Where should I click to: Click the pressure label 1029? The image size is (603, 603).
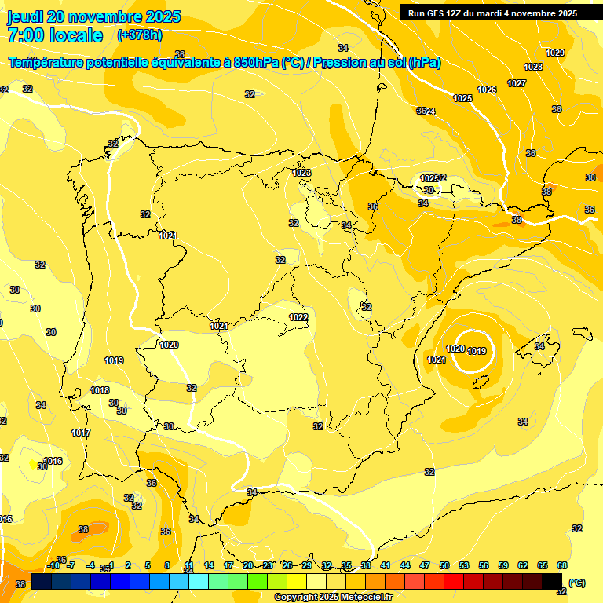point(555,53)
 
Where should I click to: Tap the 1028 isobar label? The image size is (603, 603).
point(533,67)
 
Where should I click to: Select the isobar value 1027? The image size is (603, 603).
point(517,83)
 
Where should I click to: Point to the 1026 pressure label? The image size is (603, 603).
point(487,90)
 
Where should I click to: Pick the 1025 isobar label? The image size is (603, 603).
point(462,98)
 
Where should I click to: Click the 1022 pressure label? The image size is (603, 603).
point(298,317)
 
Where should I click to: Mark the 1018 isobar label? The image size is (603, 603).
point(100,390)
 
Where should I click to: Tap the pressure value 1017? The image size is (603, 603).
point(81,433)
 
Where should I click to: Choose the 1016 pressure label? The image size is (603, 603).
point(53,461)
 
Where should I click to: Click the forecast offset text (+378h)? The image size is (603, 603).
point(140,35)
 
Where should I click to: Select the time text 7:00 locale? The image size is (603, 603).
point(55,35)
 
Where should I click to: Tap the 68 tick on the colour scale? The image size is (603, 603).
point(562,565)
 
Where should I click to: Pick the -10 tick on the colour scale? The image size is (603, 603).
point(54,565)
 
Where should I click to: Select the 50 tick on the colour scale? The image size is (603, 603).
point(444,565)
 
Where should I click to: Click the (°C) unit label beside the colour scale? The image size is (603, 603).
point(577,583)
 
